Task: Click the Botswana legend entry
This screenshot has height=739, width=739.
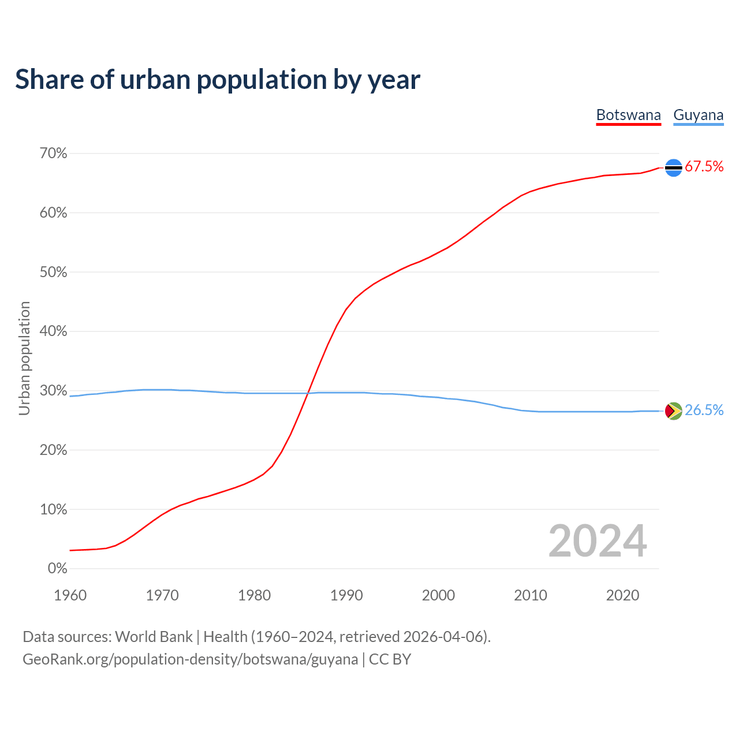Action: [x=628, y=115]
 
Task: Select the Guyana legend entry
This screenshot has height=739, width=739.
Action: [x=698, y=115]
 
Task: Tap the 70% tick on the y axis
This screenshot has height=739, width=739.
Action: [x=54, y=154]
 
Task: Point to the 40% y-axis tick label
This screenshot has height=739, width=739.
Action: [x=54, y=331]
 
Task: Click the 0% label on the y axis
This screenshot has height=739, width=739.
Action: [x=57, y=569]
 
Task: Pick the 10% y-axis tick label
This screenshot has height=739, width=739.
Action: [x=54, y=509]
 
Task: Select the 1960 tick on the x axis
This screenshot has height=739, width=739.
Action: [x=70, y=595]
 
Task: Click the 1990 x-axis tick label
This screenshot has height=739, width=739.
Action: [x=346, y=595]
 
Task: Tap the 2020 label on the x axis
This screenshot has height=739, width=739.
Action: [x=622, y=595]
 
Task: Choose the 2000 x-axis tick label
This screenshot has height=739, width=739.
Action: [x=438, y=595]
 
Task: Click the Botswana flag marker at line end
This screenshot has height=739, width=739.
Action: [x=674, y=167]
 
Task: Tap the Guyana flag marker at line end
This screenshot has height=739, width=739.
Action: [x=674, y=411]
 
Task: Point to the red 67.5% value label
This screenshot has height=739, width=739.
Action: [x=704, y=167]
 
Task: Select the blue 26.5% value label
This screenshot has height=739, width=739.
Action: [x=704, y=410]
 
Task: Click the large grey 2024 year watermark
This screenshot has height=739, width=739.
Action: [x=598, y=541]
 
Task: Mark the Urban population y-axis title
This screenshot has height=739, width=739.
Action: [x=24, y=358]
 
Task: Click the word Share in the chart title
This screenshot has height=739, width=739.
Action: [x=48, y=80]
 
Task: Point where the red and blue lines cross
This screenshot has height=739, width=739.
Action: [x=307, y=393]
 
